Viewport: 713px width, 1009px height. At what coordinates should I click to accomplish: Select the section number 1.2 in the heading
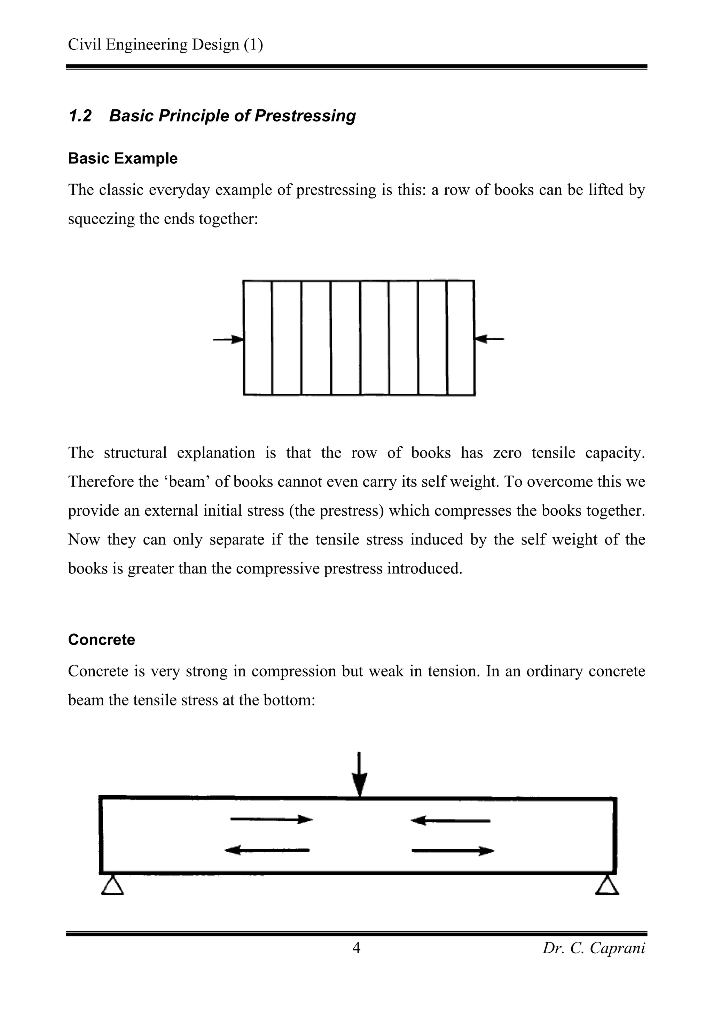[80, 116]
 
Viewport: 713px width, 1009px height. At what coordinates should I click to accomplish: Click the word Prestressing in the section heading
[305, 116]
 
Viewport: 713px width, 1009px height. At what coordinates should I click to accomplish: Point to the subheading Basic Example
[123, 158]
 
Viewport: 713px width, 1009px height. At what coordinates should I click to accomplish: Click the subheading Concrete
[101, 639]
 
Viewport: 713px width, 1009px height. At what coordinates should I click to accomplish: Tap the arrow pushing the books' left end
[228, 339]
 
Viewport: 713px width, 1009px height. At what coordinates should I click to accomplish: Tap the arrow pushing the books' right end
[489, 339]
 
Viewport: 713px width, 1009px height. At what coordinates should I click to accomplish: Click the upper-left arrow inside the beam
[271, 819]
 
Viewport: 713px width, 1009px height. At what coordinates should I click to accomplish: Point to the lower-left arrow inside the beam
[267, 850]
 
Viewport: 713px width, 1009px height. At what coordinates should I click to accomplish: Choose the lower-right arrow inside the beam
[453, 851]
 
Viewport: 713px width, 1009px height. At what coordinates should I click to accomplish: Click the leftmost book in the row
[258, 337]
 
